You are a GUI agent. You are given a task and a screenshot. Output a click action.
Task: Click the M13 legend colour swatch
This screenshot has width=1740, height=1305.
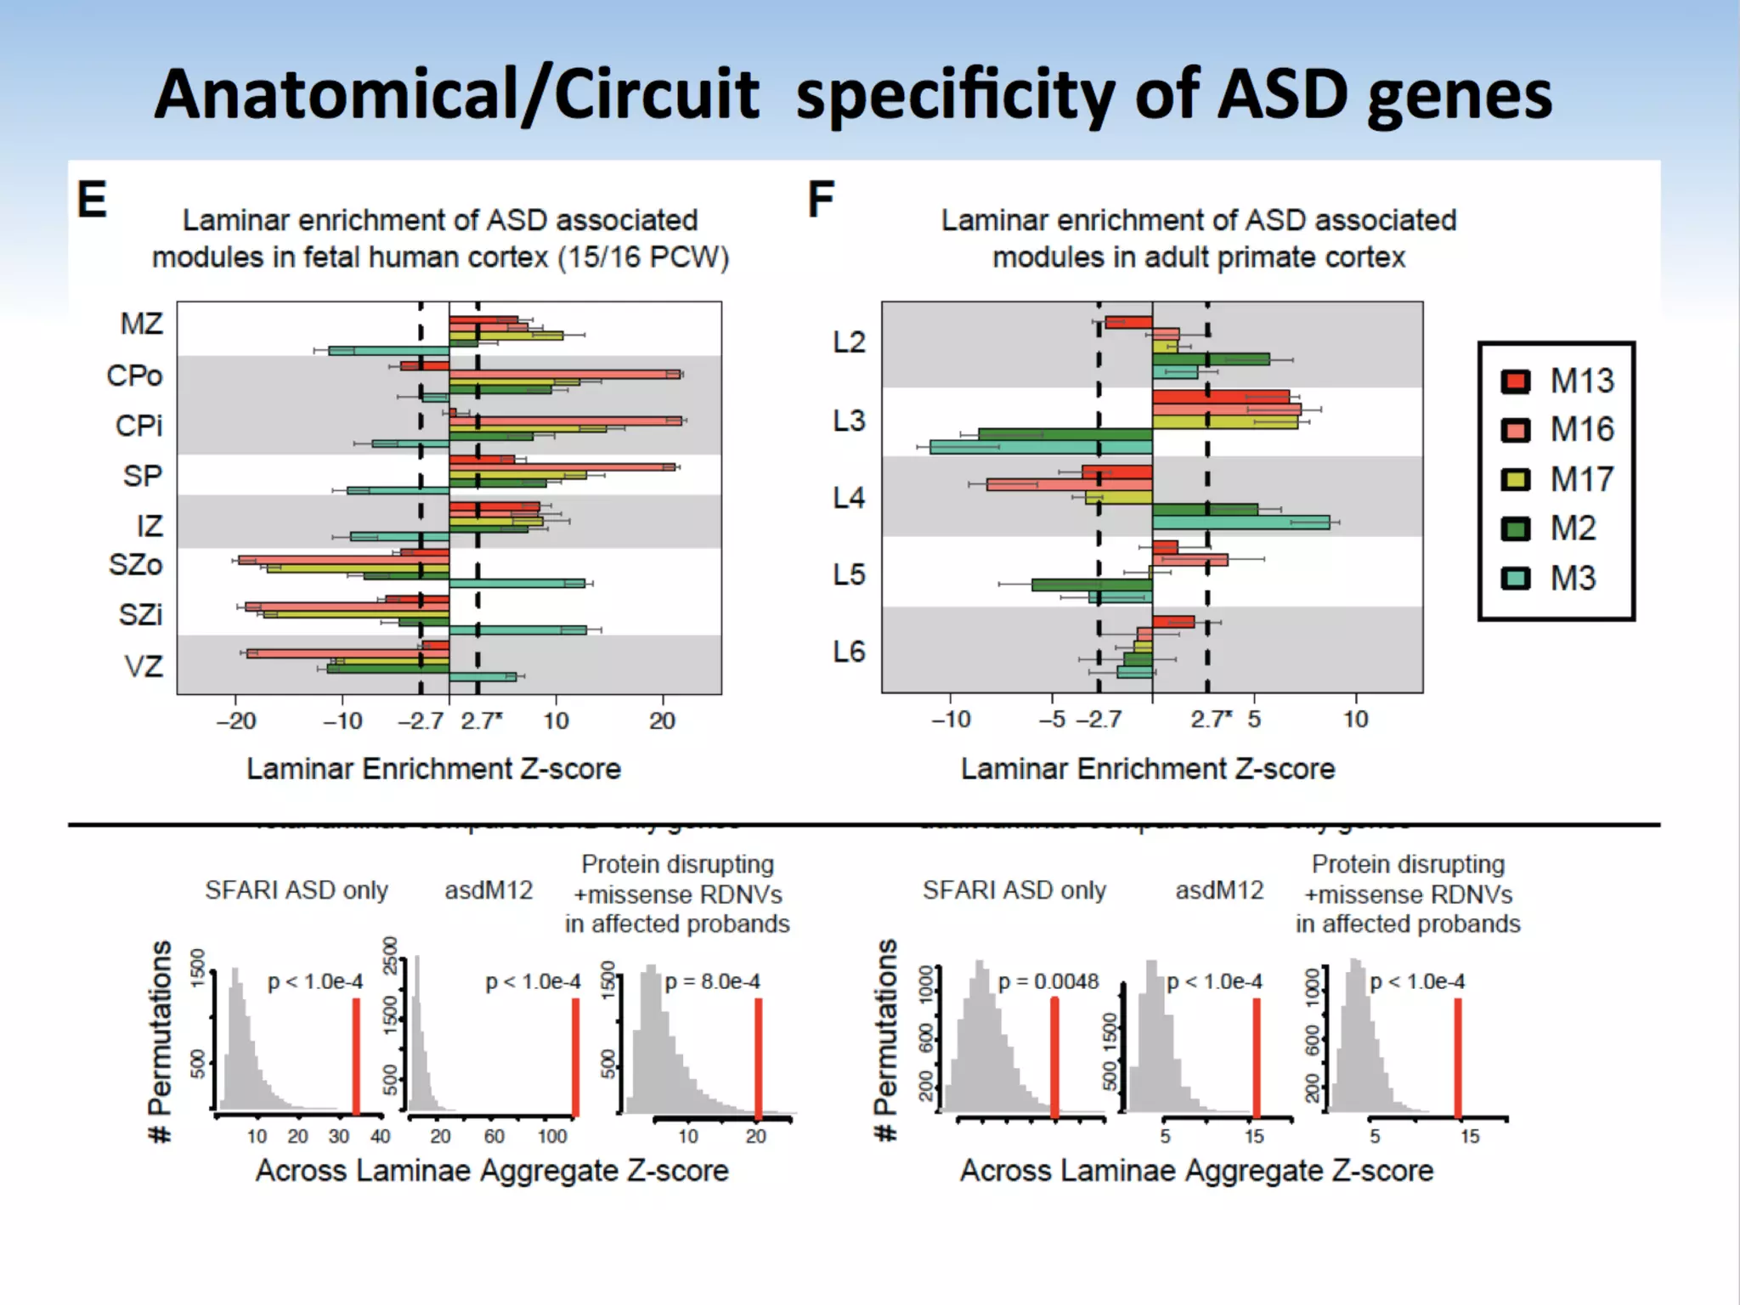click(1515, 381)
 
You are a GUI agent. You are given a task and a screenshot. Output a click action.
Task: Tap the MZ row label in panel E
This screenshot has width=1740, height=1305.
click(141, 324)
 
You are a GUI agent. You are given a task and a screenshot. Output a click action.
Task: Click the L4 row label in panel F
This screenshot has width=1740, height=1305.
click(848, 497)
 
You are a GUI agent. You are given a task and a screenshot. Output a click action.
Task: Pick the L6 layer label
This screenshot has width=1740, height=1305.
click(848, 652)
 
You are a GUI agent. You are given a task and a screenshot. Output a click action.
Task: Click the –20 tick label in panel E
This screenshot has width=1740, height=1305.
click(235, 721)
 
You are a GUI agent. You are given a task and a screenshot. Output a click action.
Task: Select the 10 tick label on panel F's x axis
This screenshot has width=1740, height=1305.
click(1355, 720)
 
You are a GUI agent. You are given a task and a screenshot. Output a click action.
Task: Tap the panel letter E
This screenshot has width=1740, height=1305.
click(92, 201)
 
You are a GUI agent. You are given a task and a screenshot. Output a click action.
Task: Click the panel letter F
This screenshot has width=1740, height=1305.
click(821, 201)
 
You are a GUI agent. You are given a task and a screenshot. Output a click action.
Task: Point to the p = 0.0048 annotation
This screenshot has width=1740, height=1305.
click(1048, 982)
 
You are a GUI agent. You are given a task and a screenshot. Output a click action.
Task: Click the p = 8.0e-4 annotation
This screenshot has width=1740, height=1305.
click(712, 982)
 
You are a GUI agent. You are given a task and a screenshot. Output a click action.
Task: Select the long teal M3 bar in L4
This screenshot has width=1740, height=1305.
click(1240, 523)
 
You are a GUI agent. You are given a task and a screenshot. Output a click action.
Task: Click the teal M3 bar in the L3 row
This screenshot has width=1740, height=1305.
click(1041, 447)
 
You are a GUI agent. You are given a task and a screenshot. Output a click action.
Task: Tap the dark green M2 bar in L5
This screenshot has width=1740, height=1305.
click(1092, 585)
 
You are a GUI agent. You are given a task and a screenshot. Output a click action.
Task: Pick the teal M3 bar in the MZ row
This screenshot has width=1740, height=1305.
click(389, 350)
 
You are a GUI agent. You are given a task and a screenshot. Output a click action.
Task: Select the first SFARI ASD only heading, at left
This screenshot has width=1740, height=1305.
click(297, 890)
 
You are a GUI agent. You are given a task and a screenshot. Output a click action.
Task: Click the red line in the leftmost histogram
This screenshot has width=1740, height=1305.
click(356, 1056)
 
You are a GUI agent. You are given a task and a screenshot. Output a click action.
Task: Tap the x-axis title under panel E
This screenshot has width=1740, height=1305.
click(433, 769)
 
